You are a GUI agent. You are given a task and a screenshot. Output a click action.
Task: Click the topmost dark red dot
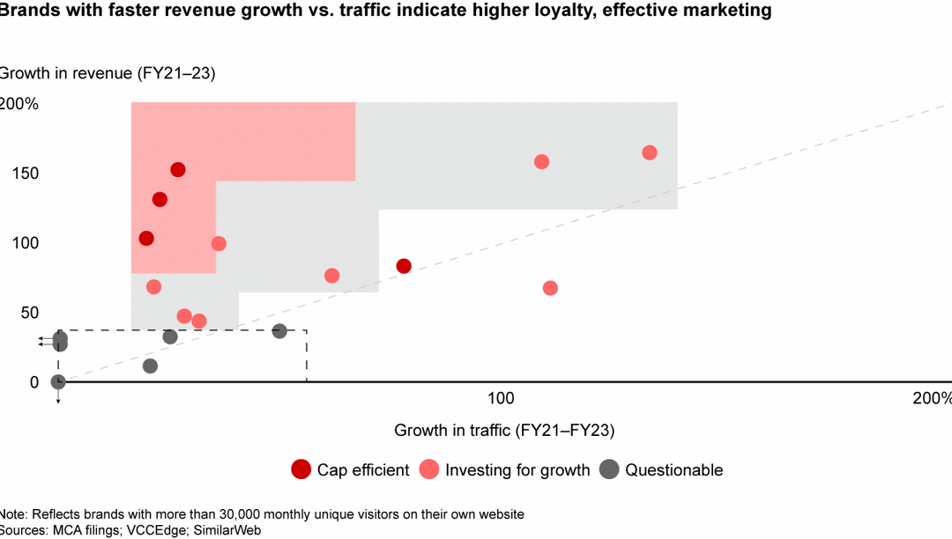tap(178, 170)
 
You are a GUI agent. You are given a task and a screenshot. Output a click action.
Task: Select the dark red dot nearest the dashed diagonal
tap(404, 266)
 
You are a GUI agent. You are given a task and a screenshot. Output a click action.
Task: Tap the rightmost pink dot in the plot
tap(650, 152)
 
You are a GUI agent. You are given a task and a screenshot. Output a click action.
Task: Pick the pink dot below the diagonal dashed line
tap(550, 288)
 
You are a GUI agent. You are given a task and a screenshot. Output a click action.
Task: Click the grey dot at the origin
tap(58, 381)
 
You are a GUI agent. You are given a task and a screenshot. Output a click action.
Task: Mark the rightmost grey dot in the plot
tap(279, 331)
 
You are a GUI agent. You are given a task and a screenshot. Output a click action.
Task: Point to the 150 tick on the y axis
tap(24, 174)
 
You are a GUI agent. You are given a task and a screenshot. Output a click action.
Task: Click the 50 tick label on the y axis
tap(28, 313)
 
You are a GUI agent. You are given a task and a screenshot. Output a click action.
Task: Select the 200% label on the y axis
tap(19, 104)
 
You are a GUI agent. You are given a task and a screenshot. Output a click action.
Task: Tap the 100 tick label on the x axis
tap(501, 398)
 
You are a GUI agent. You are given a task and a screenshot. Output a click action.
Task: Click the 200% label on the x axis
tap(931, 398)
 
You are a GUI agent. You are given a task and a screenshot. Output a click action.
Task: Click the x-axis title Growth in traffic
tap(504, 431)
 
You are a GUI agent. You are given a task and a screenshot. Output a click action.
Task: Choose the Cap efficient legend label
tap(363, 470)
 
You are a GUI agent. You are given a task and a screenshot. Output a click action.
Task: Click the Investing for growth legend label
tap(517, 470)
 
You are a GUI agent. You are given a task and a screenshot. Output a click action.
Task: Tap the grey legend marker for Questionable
tap(608, 469)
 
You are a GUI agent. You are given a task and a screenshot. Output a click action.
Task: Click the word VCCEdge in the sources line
tap(157, 530)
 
